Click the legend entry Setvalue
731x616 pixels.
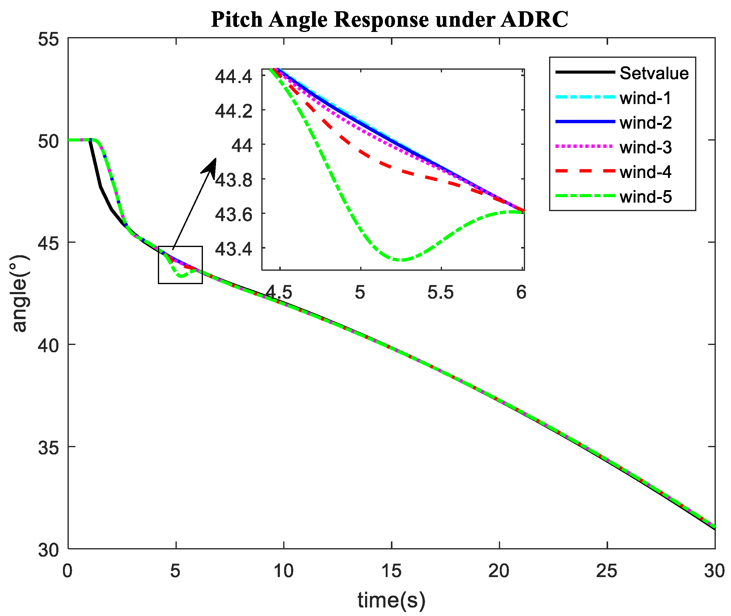coord(653,73)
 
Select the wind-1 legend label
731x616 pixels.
coord(645,98)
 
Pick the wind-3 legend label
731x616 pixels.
coord(645,147)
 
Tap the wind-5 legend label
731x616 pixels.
coord(645,197)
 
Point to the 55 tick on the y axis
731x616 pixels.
coord(48,39)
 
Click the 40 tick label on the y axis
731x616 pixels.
coord(48,346)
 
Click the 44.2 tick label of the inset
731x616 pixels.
coord(233,111)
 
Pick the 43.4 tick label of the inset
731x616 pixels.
coord(233,249)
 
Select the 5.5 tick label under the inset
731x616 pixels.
coord(440,292)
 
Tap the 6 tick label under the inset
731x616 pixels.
coord(521,292)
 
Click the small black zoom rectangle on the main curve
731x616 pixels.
coord(180,265)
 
